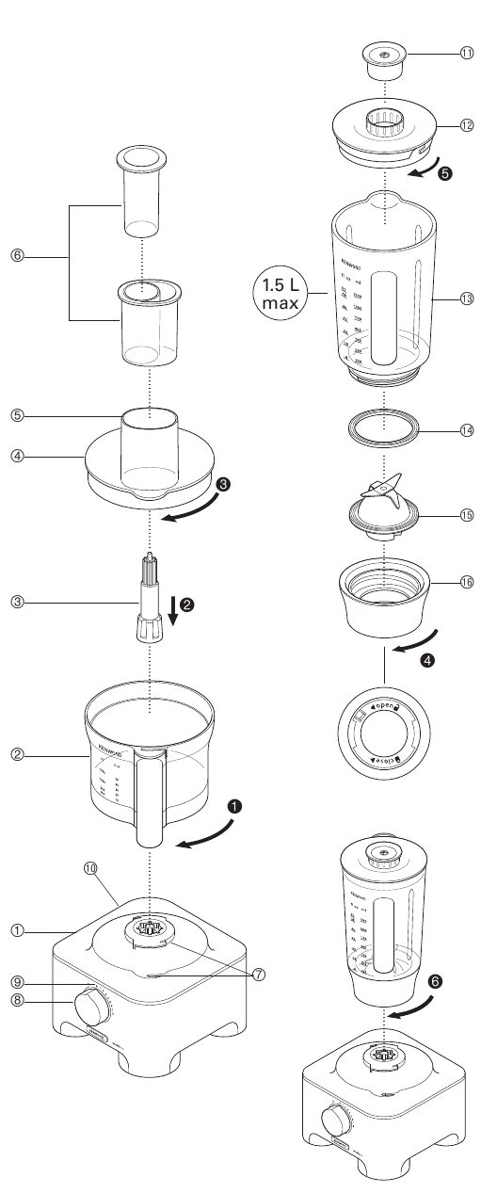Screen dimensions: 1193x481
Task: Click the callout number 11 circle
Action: click(x=466, y=54)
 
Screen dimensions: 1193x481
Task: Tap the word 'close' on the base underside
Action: click(x=387, y=760)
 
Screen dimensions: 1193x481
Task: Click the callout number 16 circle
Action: click(x=466, y=583)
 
